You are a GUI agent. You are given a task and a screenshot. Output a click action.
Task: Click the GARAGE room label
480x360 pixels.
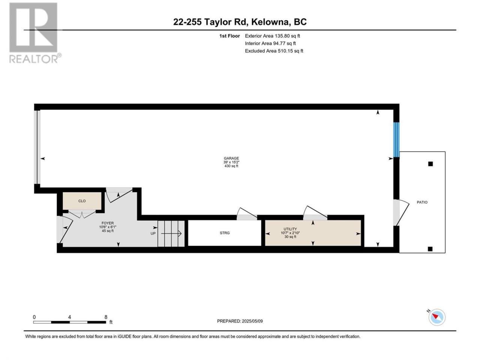tap(231, 158)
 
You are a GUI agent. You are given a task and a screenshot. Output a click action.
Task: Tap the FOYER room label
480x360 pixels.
tap(108, 223)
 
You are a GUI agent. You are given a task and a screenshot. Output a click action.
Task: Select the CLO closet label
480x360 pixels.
tap(82, 201)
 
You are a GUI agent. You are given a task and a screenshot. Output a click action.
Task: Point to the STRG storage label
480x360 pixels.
tap(225, 233)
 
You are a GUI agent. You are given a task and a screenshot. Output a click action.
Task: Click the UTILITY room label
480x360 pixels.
tap(290, 229)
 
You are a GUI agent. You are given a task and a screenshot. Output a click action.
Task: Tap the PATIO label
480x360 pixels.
tap(422, 202)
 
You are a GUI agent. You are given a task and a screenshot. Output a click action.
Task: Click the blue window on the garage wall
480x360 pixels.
tap(396, 139)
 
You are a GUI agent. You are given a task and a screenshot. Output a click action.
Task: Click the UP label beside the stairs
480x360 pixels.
tap(153, 234)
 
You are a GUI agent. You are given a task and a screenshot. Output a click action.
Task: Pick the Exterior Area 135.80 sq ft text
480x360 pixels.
tap(273, 36)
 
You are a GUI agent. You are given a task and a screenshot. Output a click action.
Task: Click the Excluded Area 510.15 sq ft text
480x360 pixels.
tap(274, 51)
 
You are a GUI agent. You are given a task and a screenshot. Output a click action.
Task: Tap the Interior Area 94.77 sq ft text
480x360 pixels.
tap(270, 43)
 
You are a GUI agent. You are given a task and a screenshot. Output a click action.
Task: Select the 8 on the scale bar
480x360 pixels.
tap(106, 317)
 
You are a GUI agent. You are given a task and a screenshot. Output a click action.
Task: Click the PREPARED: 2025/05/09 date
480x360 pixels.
tap(240, 321)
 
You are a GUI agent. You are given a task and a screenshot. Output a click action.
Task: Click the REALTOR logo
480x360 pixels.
tap(34, 33)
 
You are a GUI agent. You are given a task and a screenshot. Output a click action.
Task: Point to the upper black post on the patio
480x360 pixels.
tap(430, 164)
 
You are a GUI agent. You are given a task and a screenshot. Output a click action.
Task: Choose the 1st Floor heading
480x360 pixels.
tap(229, 36)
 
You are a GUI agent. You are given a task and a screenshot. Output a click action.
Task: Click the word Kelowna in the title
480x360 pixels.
tap(270, 22)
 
